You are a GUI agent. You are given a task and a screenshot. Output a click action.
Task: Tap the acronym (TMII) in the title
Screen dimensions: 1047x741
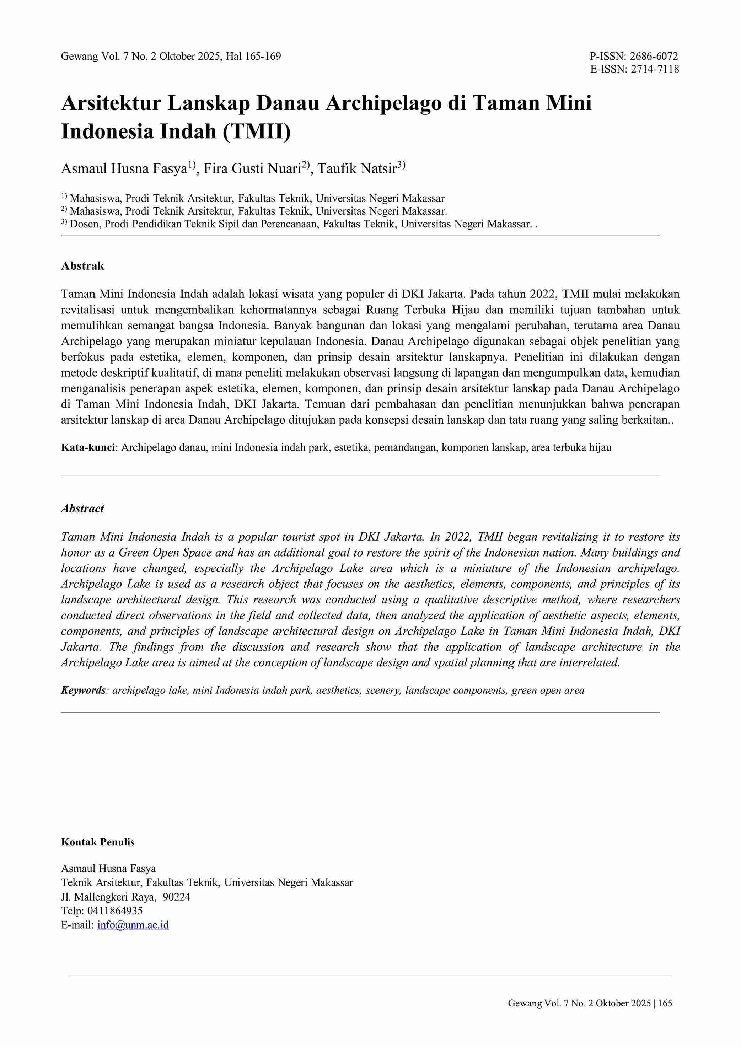tap(257, 131)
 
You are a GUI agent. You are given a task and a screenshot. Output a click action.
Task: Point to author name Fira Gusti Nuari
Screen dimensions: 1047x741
tap(252, 169)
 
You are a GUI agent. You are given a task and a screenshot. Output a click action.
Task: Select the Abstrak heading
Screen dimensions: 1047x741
tap(82, 266)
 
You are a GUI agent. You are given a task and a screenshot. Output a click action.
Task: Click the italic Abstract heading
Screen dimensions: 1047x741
tap(82, 509)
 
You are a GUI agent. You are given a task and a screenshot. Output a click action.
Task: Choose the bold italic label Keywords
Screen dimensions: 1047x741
tap(84, 690)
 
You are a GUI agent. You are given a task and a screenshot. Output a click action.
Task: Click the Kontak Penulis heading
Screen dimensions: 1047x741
tap(98, 842)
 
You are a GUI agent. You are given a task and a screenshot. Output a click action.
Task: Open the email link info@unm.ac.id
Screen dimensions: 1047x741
tap(133, 925)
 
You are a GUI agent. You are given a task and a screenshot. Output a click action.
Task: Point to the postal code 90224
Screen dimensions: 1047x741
tap(176, 897)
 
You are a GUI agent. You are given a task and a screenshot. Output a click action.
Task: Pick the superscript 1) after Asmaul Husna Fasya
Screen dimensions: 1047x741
tap(192, 165)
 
